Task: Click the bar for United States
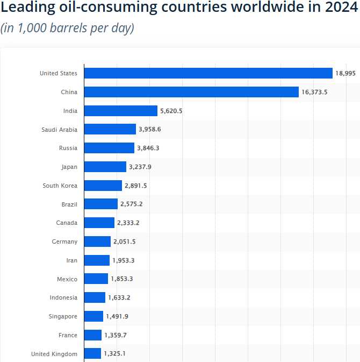click(x=208, y=73)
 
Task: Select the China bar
click(x=191, y=92)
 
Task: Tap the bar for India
click(x=121, y=111)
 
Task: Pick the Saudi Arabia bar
click(x=110, y=130)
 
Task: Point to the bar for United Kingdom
click(x=92, y=353)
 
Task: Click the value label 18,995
click(x=345, y=74)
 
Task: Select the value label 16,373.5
click(x=314, y=93)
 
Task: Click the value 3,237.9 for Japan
click(x=140, y=167)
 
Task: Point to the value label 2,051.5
click(x=125, y=242)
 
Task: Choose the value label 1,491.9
click(x=117, y=317)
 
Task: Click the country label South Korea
click(x=60, y=186)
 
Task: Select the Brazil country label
click(x=69, y=204)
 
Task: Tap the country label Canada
click(x=67, y=223)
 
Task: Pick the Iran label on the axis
click(x=71, y=260)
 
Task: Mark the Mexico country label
click(x=67, y=279)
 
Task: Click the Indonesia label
click(x=63, y=297)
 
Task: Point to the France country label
click(x=68, y=335)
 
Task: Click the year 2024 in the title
click(x=339, y=8)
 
